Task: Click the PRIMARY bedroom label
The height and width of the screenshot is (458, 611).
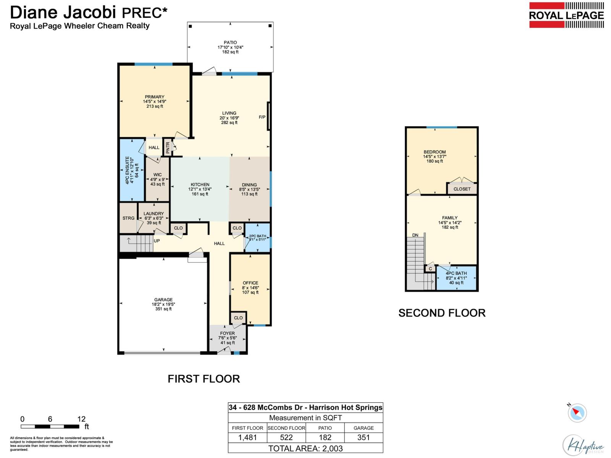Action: (154, 97)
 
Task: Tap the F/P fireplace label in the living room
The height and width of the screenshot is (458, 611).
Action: (262, 117)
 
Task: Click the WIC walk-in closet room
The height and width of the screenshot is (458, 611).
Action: (157, 179)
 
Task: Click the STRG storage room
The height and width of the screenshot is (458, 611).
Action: (128, 218)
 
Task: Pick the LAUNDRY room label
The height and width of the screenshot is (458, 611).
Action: (154, 214)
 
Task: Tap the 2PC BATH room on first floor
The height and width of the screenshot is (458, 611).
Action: (257, 238)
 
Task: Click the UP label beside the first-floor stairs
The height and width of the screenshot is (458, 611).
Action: (157, 241)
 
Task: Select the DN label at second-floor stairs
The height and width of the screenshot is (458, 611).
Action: (415, 235)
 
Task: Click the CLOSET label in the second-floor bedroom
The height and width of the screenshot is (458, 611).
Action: (462, 189)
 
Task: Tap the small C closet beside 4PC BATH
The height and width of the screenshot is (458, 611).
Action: (430, 269)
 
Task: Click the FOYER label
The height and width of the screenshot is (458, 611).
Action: (227, 333)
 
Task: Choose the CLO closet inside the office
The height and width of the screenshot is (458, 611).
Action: (238, 318)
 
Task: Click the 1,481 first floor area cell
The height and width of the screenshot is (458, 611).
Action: (247, 437)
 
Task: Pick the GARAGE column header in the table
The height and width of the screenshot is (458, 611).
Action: (363, 428)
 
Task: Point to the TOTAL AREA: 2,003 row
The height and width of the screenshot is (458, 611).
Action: (305, 448)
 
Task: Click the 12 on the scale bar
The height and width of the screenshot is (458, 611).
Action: (81, 419)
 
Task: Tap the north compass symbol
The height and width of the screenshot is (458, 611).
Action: (577, 413)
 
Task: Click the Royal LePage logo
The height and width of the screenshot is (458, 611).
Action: (566, 15)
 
